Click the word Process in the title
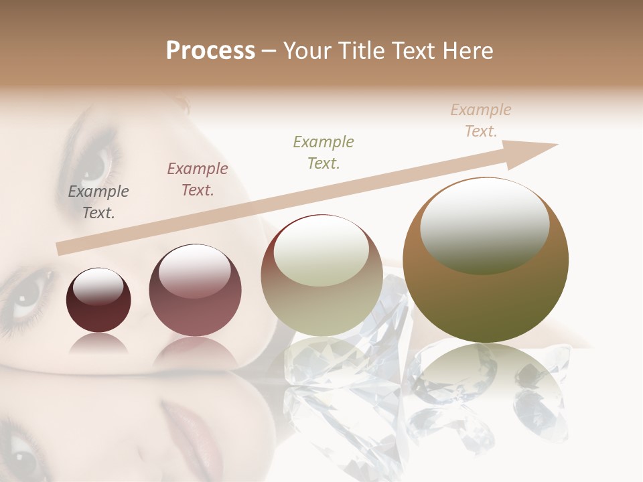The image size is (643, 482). pyautogui.click(x=210, y=51)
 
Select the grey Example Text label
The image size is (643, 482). pyautogui.click(x=98, y=202)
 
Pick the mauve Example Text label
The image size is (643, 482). pyautogui.click(x=198, y=179)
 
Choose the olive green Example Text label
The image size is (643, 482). pyautogui.click(x=324, y=152)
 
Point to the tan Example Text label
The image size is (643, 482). pyautogui.click(x=481, y=120)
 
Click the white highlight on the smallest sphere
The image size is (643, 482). pyautogui.click(x=98, y=287)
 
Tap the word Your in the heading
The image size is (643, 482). pyautogui.click(x=307, y=51)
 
